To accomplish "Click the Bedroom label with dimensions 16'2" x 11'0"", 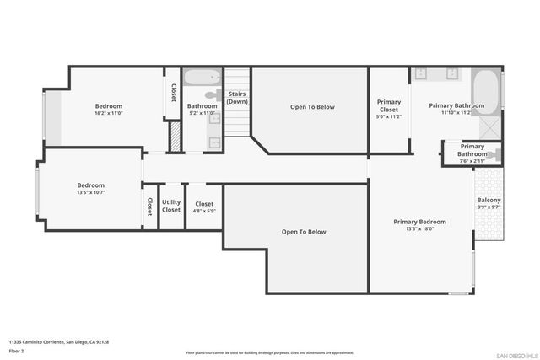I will pyautogui.click(x=109, y=106).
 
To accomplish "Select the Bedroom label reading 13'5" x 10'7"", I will pyautogui.click(x=90, y=185).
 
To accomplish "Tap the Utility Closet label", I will pyautogui.click(x=171, y=206).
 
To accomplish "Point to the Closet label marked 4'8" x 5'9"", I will pyautogui.click(x=204, y=204).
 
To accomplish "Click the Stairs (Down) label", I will pyautogui.click(x=237, y=98).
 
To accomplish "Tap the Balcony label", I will pyautogui.click(x=489, y=201).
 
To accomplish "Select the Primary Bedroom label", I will pyautogui.click(x=419, y=222).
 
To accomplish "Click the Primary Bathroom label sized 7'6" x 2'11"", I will pyautogui.click(x=472, y=150).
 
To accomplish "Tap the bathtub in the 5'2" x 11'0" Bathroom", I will pyautogui.click(x=202, y=82).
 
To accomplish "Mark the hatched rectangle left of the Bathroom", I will pyautogui.click(x=175, y=137).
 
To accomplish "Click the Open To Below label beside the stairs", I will pyautogui.click(x=312, y=107).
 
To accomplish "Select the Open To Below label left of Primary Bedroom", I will pyautogui.click(x=304, y=232).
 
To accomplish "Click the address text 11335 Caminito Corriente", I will pyautogui.click(x=59, y=341).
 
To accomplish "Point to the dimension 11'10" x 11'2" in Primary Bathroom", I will pyautogui.click(x=456, y=111).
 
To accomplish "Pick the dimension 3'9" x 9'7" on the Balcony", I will pyautogui.click(x=489, y=207).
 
